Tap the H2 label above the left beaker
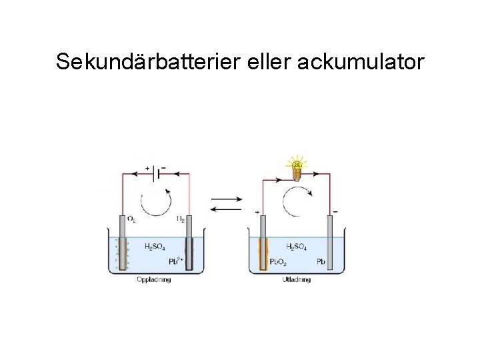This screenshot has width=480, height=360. tap(180, 218)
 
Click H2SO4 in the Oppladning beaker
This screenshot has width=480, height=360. tap(155, 247)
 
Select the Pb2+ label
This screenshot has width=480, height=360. tap(175, 260)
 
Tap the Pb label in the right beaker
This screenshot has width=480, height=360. tap(320, 261)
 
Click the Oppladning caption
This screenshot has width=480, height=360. tap(153, 279)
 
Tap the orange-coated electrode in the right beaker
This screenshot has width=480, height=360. tap(263, 247)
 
